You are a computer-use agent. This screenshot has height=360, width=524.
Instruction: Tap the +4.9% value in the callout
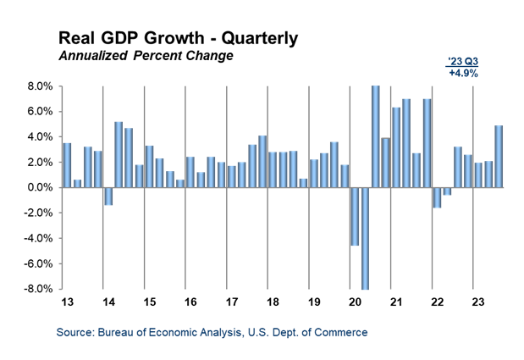[x=463, y=74]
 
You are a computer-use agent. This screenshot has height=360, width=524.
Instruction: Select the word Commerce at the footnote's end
[x=343, y=333]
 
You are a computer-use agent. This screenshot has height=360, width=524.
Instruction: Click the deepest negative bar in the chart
[x=365, y=238]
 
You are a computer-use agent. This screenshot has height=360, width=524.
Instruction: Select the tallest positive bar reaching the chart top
[x=375, y=136]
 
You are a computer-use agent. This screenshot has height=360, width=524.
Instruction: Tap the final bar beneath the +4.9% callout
[x=499, y=156]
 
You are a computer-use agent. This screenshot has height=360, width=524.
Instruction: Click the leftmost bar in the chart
[x=67, y=164]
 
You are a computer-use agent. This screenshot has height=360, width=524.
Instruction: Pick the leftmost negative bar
[x=108, y=196]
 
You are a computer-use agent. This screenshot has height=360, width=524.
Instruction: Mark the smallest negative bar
[x=447, y=191]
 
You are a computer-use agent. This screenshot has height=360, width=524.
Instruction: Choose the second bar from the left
[x=77, y=183]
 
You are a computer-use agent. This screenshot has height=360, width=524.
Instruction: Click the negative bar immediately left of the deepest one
[x=355, y=216]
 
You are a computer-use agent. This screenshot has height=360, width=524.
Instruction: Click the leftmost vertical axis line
[x=62, y=186]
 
